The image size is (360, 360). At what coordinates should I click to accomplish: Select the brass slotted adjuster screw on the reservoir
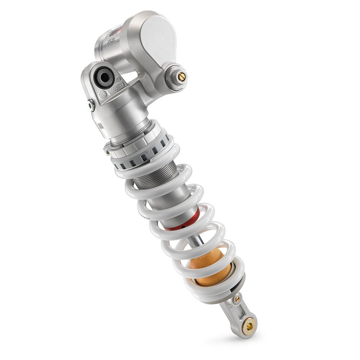[181, 76]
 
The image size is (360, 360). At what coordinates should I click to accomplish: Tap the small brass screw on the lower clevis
[237, 299]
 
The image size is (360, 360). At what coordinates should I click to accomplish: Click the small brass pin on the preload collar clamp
[107, 153]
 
